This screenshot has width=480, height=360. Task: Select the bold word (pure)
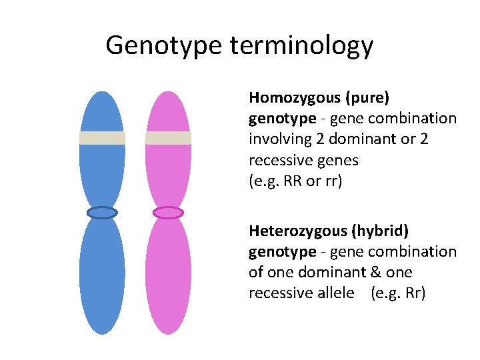click(367, 97)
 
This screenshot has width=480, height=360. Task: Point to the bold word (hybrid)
click(385, 231)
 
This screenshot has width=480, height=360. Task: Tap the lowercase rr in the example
click(331, 181)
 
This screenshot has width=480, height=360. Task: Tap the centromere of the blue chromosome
click(102, 213)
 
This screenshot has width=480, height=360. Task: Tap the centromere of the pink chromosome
click(168, 213)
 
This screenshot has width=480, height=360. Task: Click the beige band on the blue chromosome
click(102, 138)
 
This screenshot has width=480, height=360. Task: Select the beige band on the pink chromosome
click(168, 138)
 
